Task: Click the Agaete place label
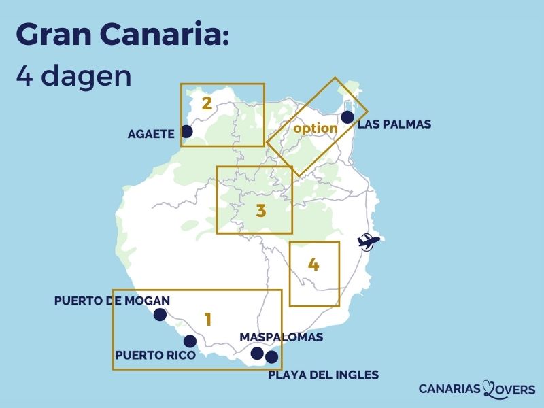click(x=151, y=134)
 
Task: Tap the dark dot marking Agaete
click(x=187, y=131)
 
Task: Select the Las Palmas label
click(x=394, y=124)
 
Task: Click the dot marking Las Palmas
click(x=347, y=117)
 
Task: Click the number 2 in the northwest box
click(x=207, y=104)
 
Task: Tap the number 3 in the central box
click(x=260, y=211)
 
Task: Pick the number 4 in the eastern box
click(x=313, y=265)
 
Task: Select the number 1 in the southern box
click(x=208, y=318)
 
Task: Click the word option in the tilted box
click(x=316, y=128)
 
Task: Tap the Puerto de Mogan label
click(x=112, y=300)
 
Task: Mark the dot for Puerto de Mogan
click(x=160, y=314)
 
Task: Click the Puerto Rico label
click(x=156, y=355)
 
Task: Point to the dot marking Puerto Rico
click(x=190, y=341)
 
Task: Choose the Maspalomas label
click(x=282, y=337)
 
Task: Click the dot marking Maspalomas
click(x=257, y=353)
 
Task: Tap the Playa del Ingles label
click(x=324, y=375)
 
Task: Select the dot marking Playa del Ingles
click(x=272, y=357)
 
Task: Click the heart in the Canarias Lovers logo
click(x=491, y=388)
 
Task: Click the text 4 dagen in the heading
click(x=73, y=75)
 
